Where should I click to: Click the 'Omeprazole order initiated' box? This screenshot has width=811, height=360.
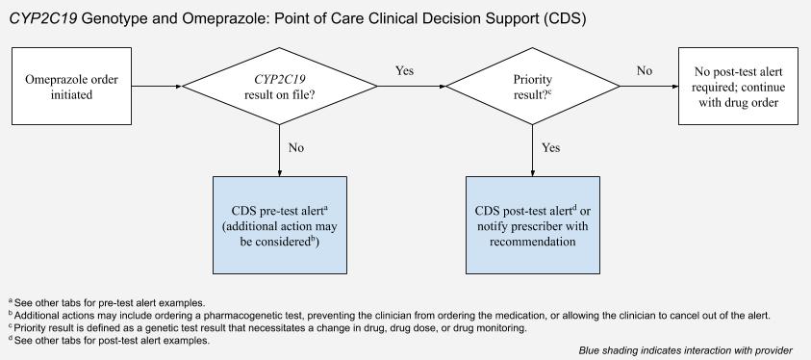point(70,85)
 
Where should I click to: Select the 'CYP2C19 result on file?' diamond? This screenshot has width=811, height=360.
point(279,86)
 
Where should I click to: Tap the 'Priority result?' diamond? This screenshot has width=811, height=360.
point(533,86)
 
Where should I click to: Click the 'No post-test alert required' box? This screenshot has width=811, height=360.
point(738,85)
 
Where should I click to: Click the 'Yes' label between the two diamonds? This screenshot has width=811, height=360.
point(406,71)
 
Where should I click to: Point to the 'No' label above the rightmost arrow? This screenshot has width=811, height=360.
point(644,71)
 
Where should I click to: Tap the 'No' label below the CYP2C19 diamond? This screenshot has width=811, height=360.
point(297,148)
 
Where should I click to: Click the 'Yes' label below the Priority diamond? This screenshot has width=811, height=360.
point(551,148)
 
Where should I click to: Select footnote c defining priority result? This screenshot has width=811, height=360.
point(268,327)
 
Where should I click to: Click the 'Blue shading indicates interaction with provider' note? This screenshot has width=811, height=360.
point(685,350)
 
